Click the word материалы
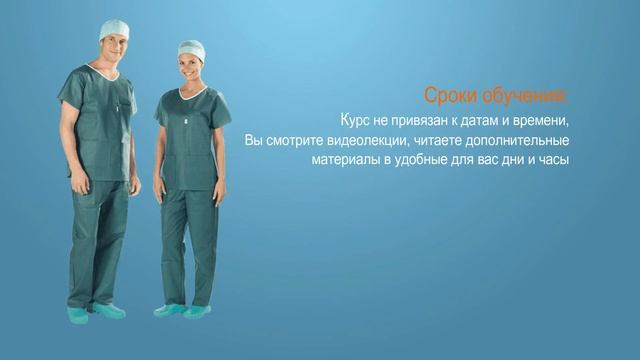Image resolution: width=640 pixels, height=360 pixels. (x=346, y=160)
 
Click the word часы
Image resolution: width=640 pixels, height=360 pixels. (x=551, y=160)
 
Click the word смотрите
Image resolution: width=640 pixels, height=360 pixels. (x=303, y=140)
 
